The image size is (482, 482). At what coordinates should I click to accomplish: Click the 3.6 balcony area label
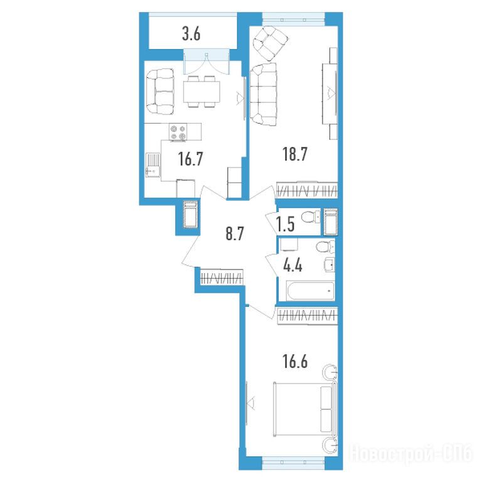coord(191,34)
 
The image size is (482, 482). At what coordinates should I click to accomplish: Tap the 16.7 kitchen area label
coord(191,159)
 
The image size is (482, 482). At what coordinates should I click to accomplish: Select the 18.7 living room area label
coord(295,154)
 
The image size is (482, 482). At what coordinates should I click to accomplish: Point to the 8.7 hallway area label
coord(235,233)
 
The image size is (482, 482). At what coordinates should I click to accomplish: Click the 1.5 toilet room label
coord(286,224)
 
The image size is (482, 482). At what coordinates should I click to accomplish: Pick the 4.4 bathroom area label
coord(293,265)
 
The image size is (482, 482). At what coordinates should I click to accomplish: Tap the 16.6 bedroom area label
coord(295,361)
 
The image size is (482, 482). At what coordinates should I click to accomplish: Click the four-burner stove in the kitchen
coord(178,132)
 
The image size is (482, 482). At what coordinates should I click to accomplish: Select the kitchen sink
coord(153,165)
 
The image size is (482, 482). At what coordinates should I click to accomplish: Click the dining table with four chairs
coord(201,92)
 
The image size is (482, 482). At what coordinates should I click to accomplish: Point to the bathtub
coord(310,291)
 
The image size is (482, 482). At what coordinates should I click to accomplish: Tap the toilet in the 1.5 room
coord(311,218)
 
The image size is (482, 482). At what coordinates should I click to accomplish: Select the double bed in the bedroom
coord(305,409)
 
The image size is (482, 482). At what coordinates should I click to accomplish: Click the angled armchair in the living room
coord(270,43)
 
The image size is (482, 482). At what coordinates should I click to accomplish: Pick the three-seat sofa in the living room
coord(264,94)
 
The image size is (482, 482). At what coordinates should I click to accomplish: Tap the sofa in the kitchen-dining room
coord(160,92)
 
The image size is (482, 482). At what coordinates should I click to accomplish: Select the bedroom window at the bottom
coord(293,461)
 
